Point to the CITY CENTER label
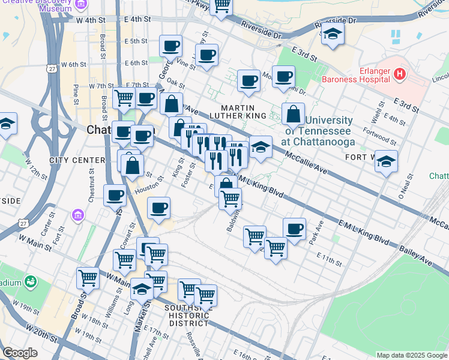(x=69, y=160)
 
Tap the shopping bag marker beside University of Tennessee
(x=293, y=113)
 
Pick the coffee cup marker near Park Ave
(x=294, y=229)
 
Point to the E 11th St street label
(x=330, y=262)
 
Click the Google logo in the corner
(x=20, y=353)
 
